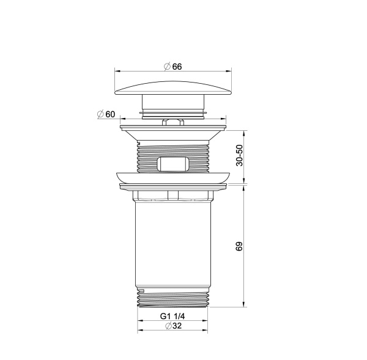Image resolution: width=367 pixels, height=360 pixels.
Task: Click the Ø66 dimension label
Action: click(x=173, y=67)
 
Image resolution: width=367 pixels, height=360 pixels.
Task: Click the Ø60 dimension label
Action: click(x=106, y=114)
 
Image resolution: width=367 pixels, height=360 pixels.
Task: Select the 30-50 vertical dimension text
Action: click(x=240, y=156)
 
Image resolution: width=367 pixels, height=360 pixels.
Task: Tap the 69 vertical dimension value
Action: click(x=240, y=246)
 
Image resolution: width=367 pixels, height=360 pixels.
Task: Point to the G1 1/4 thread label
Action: click(x=173, y=316)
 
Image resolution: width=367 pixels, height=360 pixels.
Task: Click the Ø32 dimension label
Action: click(x=173, y=327)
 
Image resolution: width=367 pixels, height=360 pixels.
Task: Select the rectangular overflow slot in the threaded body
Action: click(x=174, y=164)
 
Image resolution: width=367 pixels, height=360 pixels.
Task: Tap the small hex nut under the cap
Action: click(x=174, y=122)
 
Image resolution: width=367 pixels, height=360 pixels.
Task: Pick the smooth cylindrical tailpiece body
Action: click(x=174, y=244)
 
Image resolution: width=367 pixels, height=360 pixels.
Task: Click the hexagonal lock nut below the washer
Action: click(x=174, y=196)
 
